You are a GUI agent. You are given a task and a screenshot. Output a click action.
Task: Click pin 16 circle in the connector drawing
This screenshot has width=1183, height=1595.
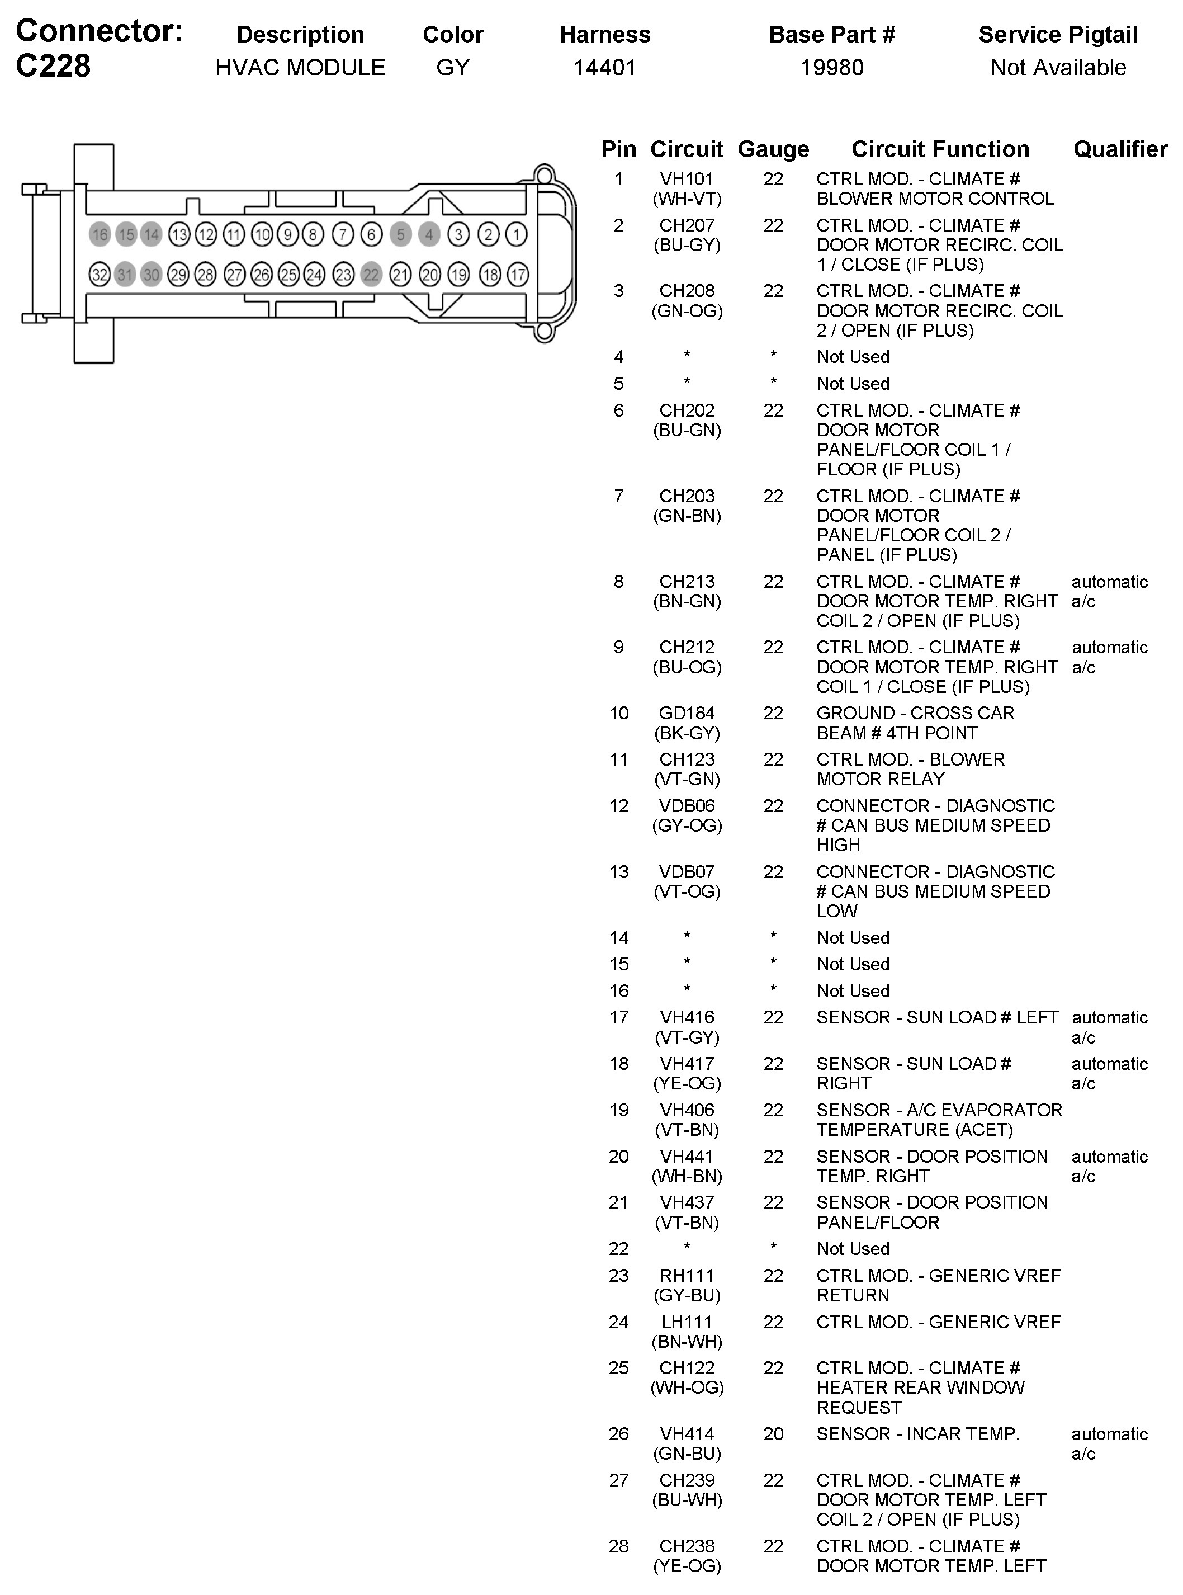click(100, 234)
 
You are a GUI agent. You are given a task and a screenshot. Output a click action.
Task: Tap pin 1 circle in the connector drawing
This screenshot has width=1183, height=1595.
click(515, 234)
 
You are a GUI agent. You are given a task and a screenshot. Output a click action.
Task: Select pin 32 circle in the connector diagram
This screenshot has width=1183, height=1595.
click(100, 274)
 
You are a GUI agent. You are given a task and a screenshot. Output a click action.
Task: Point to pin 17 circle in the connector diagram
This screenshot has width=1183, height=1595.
click(517, 274)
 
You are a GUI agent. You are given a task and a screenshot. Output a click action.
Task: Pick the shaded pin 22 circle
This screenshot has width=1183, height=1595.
click(371, 274)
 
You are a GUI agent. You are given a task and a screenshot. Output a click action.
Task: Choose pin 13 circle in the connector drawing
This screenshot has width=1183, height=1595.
click(179, 234)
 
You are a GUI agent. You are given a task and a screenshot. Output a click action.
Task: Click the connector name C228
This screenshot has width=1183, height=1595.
click(54, 67)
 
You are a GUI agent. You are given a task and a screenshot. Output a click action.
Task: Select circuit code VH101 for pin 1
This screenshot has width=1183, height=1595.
click(687, 179)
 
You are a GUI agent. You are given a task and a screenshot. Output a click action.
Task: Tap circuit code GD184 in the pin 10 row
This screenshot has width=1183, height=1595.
click(687, 714)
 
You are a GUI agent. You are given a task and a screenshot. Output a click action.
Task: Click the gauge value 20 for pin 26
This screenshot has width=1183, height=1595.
click(773, 1434)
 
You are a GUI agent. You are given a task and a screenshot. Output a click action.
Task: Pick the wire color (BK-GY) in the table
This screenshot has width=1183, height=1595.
click(687, 733)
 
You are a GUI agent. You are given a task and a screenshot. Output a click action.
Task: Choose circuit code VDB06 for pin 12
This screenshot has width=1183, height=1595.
click(687, 806)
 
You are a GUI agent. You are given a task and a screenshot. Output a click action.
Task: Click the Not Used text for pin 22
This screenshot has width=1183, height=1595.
click(853, 1249)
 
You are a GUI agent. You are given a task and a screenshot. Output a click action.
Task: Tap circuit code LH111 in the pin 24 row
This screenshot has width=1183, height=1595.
click(687, 1322)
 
